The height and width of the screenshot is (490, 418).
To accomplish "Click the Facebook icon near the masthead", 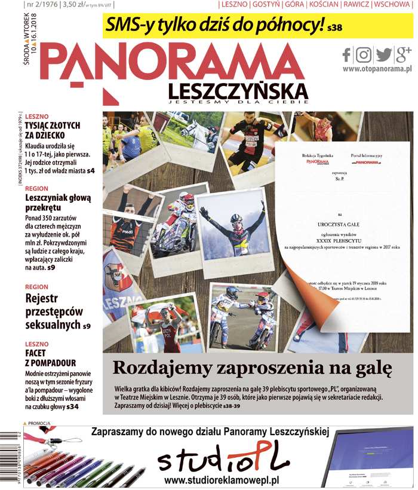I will [x=347, y=55].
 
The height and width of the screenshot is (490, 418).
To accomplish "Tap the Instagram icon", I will [x=364, y=55].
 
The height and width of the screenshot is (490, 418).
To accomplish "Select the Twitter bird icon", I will [x=383, y=55].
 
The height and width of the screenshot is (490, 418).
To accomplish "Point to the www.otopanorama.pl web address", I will [x=377, y=69].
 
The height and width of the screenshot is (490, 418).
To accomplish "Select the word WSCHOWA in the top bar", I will [x=394, y=5].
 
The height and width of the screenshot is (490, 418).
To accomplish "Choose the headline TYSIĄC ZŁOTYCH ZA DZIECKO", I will [x=52, y=131].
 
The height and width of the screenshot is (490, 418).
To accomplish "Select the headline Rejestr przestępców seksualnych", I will [x=54, y=311].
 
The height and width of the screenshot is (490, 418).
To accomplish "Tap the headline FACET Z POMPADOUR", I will [x=51, y=358].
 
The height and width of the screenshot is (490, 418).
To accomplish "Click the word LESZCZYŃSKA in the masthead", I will [x=238, y=91].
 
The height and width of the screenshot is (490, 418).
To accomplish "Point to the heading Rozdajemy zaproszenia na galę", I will [x=252, y=366].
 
